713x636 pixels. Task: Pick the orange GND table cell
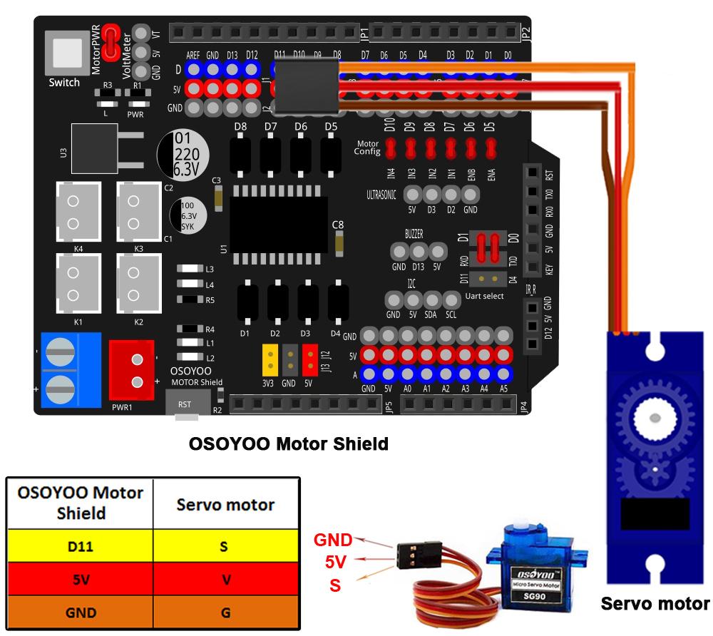coord(80,612)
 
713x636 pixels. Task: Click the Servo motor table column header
coord(226,505)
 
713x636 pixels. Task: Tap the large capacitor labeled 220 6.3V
coord(183,153)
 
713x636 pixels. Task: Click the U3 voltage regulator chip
coord(95,148)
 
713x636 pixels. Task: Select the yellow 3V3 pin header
coord(270,360)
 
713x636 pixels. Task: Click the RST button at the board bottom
coord(185,404)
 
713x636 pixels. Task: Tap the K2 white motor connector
coord(138,280)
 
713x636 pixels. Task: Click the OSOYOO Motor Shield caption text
coord(289,444)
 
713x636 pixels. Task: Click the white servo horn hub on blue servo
coord(655,415)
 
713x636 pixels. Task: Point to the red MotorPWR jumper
coord(111,42)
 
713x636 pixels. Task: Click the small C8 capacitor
coord(339,243)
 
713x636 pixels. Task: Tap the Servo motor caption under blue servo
coord(655,604)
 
